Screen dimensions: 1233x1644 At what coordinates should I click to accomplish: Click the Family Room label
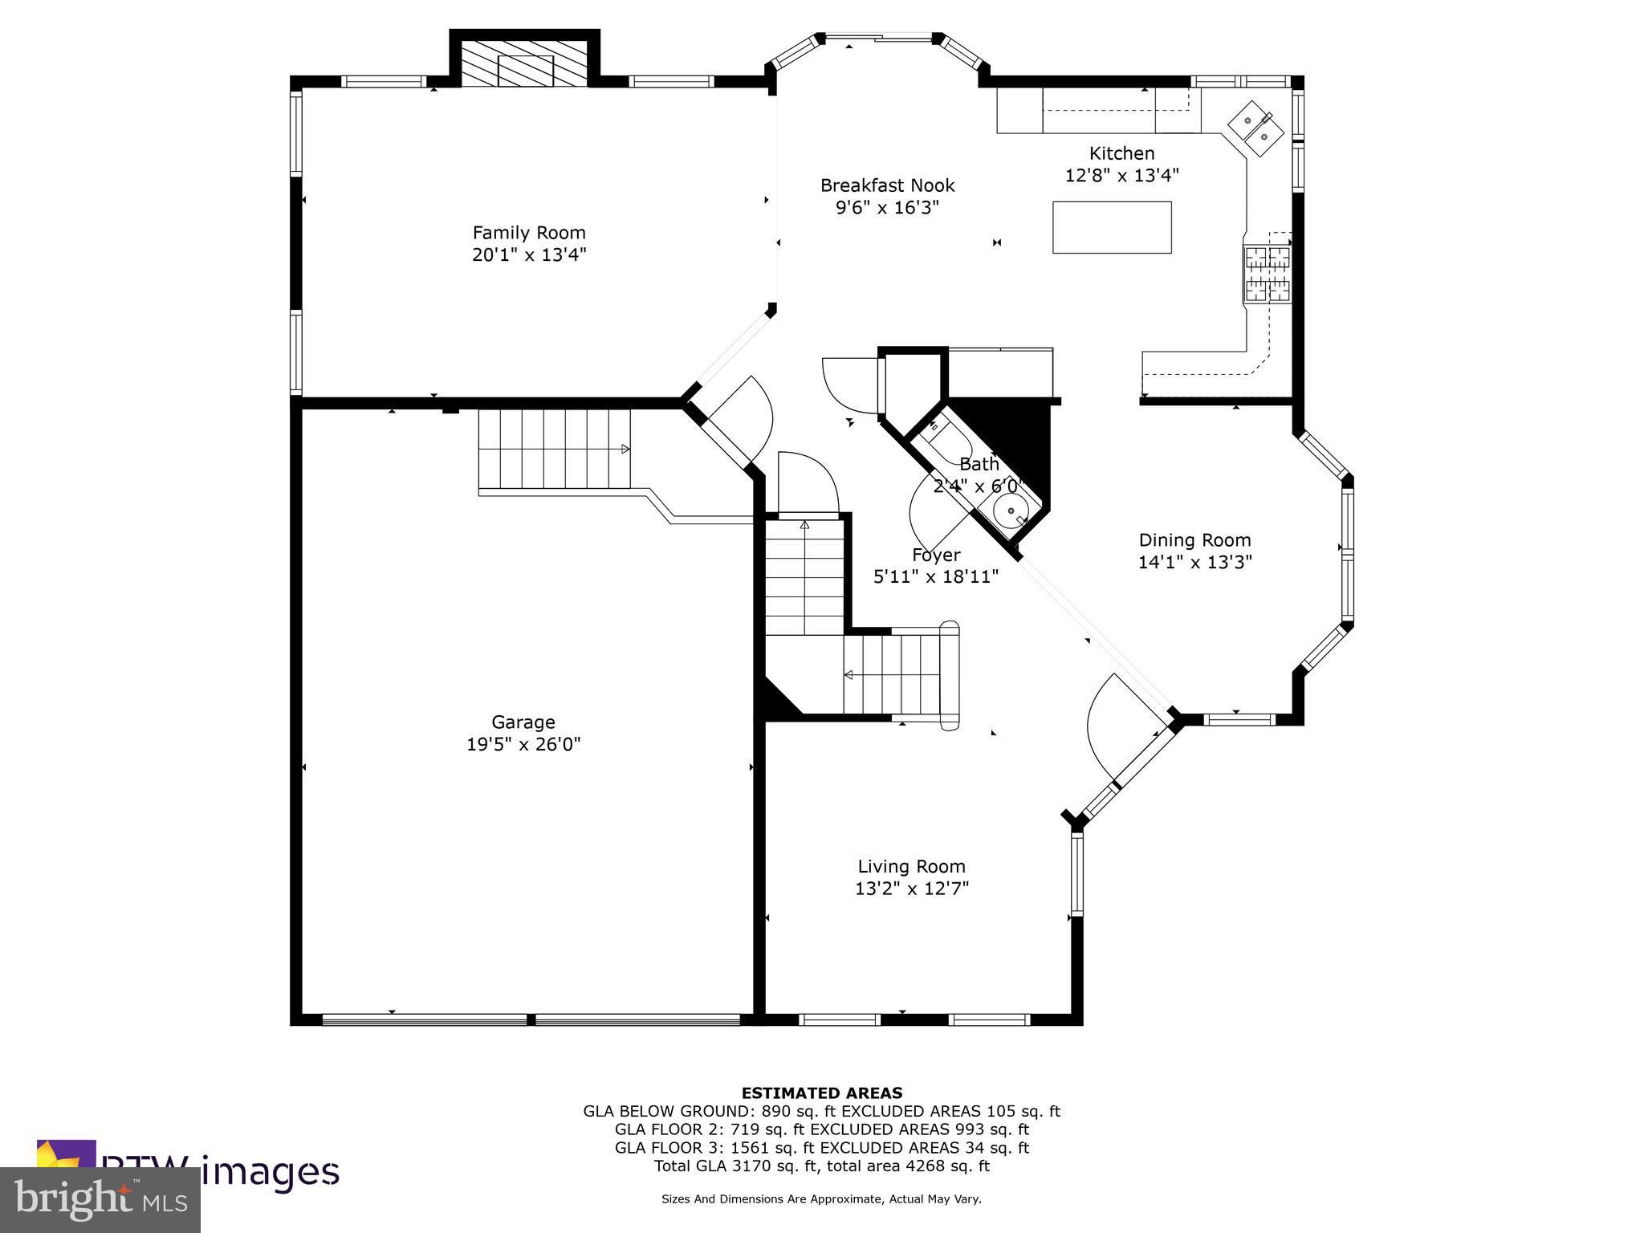[528, 233]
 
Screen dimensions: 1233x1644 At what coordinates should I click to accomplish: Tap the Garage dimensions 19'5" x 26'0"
[523, 744]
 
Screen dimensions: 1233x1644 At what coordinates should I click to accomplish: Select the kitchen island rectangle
[1112, 227]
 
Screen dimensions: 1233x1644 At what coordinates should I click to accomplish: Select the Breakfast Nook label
[887, 185]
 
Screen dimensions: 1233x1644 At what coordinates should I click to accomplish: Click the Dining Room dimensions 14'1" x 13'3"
[1194, 562]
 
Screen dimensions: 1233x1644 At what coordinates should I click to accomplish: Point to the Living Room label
[911, 866]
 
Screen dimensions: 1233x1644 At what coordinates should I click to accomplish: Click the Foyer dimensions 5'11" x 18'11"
[935, 576]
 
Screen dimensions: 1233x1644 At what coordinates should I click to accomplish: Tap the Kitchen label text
[1121, 153]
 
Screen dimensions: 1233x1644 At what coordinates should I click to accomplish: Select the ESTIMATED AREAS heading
[821, 1093]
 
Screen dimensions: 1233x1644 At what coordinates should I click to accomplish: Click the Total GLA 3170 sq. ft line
[821, 1166]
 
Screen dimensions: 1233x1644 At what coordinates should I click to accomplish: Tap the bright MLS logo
[100, 1199]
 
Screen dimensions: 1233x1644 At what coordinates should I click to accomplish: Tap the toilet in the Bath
[938, 427]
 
